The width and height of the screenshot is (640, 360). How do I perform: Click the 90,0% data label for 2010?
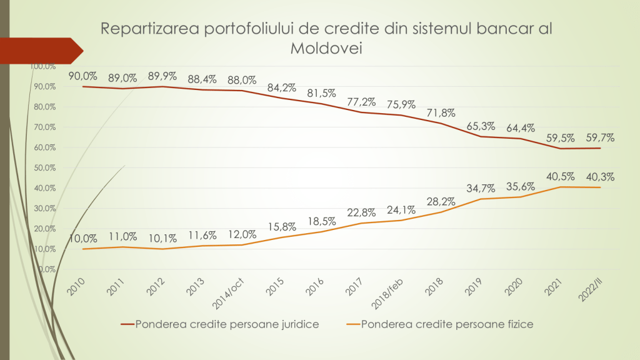point(83,76)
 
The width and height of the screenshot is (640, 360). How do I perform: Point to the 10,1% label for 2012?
point(162,237)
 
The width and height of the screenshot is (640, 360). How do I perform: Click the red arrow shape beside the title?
point(41,51)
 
